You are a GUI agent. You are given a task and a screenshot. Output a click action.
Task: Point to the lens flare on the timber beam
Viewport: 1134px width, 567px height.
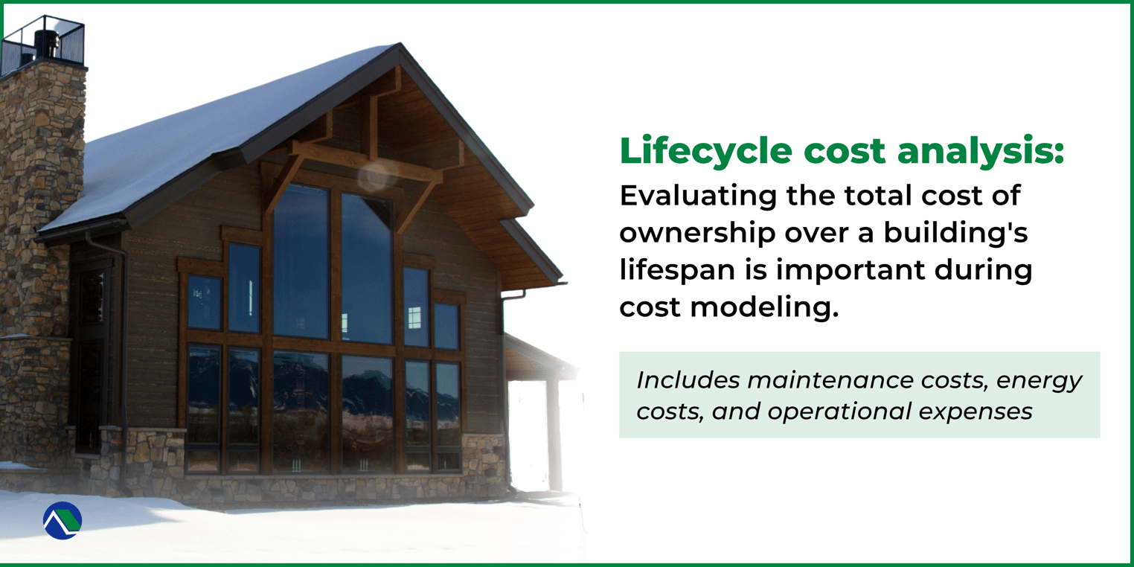point(371,176)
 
